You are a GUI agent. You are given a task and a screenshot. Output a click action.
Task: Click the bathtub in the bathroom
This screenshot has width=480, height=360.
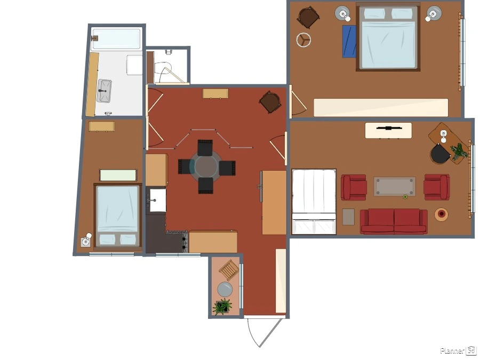click(x=116, y=39)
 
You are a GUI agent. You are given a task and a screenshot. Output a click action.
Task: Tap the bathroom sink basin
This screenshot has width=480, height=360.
click(x=104, y=91)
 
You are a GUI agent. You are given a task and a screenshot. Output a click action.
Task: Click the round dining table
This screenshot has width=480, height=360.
click(x=206, y=166)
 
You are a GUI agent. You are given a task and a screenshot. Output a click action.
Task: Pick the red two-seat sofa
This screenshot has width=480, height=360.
click(x=394, y=221)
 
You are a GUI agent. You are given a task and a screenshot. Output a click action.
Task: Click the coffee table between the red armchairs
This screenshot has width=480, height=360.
click(x=395, y=187)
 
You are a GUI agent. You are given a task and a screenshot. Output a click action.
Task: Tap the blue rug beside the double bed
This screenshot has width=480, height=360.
click(x=349, y=41)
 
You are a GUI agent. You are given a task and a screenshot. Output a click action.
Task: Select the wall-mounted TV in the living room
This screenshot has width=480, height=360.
click(x=388, y=128)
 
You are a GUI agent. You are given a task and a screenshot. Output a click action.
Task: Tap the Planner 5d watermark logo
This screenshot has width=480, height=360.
click(x=458, y=350)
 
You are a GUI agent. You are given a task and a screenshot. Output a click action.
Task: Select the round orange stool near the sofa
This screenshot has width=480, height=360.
click(x=442, y=214)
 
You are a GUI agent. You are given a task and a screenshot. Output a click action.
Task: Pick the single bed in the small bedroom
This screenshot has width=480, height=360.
click(x=117, y=215)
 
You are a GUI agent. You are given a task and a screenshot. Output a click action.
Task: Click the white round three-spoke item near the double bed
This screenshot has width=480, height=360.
click(x=303, y=40)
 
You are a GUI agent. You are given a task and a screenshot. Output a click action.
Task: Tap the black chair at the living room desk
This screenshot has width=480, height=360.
click(x=440, y=154)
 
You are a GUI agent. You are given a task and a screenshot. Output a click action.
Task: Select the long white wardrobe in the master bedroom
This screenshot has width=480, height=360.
click(x=381, y=107)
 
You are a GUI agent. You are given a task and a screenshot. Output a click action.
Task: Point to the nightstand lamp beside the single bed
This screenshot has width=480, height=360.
click(x=86, y=241)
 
